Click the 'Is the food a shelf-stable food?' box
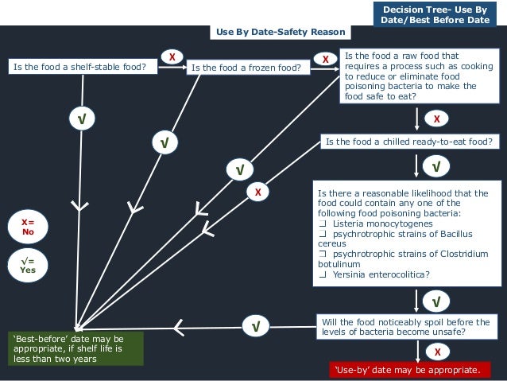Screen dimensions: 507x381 (79, 67)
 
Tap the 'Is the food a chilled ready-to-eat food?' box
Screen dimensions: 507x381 (408, 142)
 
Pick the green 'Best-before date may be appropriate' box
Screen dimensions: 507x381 (75, 348)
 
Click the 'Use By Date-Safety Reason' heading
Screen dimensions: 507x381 (281, 32)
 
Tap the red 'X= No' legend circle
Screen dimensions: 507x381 (28, 227)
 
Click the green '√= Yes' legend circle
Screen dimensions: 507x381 (28, 265)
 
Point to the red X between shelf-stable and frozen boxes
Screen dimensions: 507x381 (171, 56)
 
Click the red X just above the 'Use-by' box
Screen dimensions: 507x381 (436, 351)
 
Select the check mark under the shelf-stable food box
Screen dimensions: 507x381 (81, 119)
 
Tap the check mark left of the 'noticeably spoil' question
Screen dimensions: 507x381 (255, 326)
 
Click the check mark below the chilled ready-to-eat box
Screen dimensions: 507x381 (436, 167)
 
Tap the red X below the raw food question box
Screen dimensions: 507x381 (436, 119)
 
